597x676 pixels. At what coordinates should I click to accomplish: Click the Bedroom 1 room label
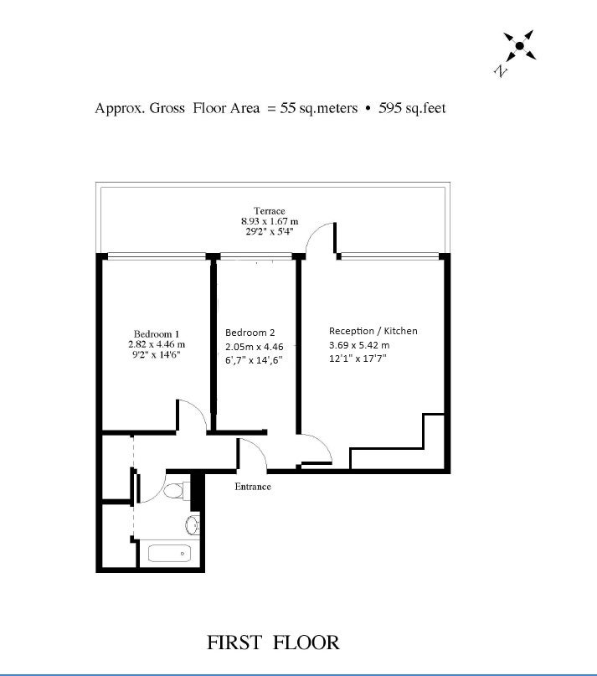(x=156, y=333)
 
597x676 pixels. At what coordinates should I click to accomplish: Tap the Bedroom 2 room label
(x=250, y=333)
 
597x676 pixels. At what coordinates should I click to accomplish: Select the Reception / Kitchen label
(x=373, y=331)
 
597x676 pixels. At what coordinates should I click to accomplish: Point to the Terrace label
(x=270, y=211)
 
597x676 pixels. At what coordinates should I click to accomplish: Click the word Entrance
(x=253, y=487)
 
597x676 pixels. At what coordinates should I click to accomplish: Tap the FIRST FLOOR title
(x=273, y=642)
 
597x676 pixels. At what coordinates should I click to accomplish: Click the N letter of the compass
(x=500, y=70)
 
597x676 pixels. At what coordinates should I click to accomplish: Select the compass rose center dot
(x=519, y=45)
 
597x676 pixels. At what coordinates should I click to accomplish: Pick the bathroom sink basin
(x=193, y=525)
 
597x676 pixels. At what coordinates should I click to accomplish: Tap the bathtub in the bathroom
(x=169, y=554)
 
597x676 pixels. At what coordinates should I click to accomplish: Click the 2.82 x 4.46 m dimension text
(x=157, y=344)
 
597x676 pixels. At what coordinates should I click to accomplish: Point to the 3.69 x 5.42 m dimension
(x=359, y=345)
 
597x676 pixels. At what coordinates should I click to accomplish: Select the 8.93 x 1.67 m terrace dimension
(x=270, y=221)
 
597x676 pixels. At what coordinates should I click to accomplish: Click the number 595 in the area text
(x=390, y=108)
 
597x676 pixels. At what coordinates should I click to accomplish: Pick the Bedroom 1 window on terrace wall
(x=157, y=256)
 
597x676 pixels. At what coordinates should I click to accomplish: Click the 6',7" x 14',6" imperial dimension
(x=254, y=360)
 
